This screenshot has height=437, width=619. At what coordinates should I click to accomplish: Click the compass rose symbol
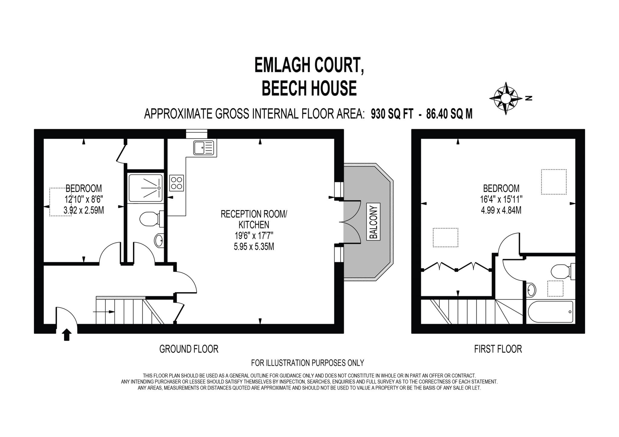pyautogui.click(x=506, y=99)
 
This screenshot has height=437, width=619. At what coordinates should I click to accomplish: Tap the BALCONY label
pyautogui.click(x=374, y=222)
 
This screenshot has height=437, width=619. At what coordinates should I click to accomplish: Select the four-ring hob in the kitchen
pyautogui.click(x=177, y=183)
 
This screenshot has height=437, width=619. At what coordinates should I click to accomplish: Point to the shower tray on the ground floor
pyautogui.click(x=145, y=188)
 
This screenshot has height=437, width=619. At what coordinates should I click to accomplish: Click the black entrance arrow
pyautogui.click(x=66, y=335)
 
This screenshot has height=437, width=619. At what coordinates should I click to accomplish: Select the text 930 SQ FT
pyautogui.click(x=392, y=114)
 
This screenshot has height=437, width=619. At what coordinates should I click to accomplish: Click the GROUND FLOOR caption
pyautogui.click(x=189, y=349)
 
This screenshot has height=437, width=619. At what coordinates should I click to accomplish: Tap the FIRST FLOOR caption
pyautogui.click(x=498, y=349)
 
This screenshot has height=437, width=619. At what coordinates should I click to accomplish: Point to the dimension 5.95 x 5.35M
pyautogui.click(x=254, y=247)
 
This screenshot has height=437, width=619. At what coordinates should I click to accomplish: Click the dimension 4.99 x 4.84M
pyautogui.click(x=501, y=210)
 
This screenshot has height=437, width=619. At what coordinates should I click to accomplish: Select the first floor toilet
pyautogui.click(x=562, y=271)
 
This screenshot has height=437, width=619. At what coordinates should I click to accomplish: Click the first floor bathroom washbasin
pyautogui.click(x=531, y=290)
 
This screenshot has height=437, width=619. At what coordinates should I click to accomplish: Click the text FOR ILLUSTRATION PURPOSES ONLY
pyautogui.click(x=307, y=362)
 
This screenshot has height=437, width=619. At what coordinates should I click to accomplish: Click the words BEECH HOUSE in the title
pyautogui.click(x=309, y=88)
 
